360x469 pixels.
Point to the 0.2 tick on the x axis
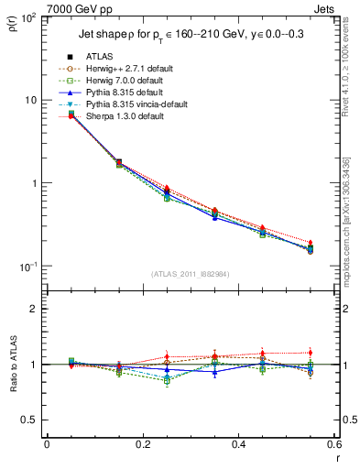tap(142, 445)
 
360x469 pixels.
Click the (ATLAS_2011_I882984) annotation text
tap(191, 273)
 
